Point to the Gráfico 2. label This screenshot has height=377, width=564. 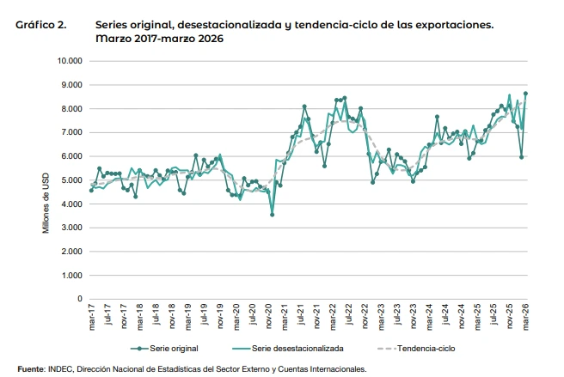click(x=42, y=26)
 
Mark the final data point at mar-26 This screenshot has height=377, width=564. click(x=525, y=94)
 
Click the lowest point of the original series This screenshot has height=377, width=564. click(x=272, y=215)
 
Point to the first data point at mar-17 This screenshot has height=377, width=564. click(x=91, y=190)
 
